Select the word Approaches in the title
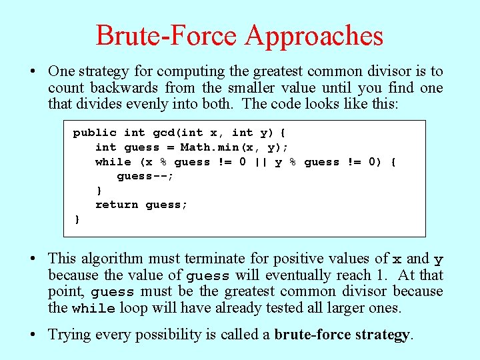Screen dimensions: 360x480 coord(314,35)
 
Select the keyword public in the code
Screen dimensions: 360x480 coord(95,133)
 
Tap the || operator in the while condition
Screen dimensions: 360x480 coord(259,162)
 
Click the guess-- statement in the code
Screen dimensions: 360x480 coord(145,177)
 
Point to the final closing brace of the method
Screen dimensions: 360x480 coord(77,219)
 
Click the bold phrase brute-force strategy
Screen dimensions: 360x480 coord(343,334)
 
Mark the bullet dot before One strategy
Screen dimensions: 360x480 coord(39,71)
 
